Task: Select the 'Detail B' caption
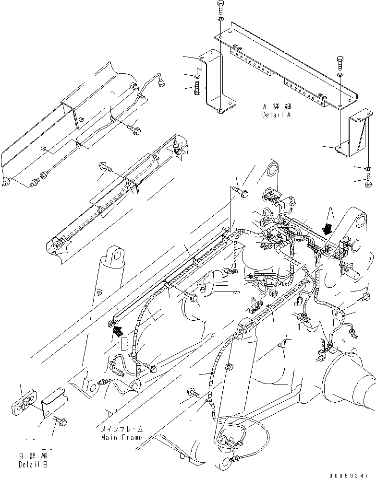[33, 465]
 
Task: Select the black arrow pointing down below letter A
[328, 228]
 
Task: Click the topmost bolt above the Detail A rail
[219, 7]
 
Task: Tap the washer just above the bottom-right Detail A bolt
[367, 168]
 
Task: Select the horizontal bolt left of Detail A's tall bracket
[197, 89]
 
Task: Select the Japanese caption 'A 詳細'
[277, 107]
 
